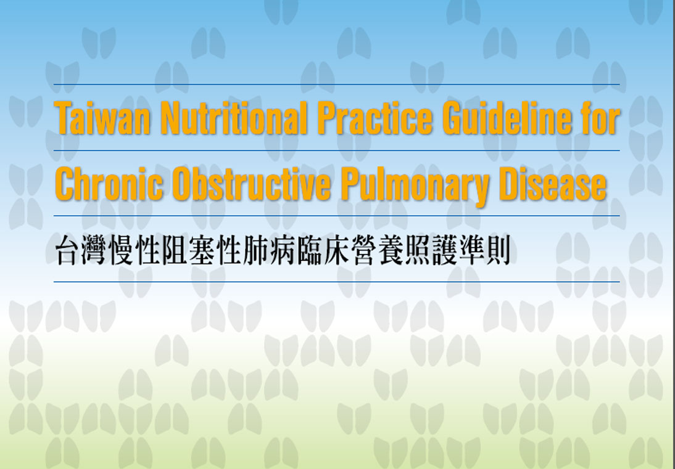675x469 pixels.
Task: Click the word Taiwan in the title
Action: [103, 118]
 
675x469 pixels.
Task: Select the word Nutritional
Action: [234, 118]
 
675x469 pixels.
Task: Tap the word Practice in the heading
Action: [375, 118]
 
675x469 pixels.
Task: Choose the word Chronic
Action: [109, 184]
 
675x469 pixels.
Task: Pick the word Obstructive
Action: [251, 184]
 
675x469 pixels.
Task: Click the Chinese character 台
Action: [69, 250]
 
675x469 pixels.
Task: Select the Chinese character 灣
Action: [96, 250]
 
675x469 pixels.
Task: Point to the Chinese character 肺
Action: [255, 250]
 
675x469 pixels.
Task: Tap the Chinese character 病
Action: [283, 250]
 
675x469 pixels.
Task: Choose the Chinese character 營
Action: [362, 250]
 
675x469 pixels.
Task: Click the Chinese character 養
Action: [389, 250]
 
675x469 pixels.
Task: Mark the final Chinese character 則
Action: [496, 250]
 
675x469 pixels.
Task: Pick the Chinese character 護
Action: [442, 250]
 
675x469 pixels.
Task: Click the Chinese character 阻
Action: [176, 250]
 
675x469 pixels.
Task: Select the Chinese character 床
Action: [336, 250]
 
